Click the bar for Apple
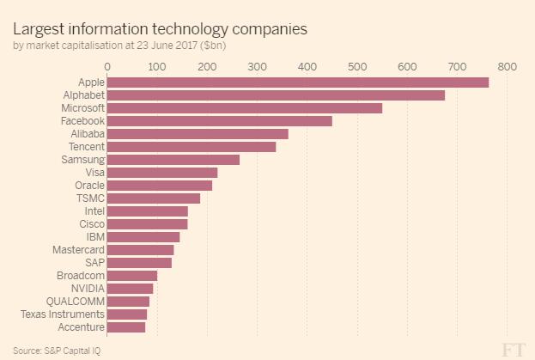pyautogui.click(x=297, y=82)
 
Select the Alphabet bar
pyautogui.click(x=276, y=95)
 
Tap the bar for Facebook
pyautogui.click(x=219, y=121)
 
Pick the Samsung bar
pyautogui.click(x=173, y=160)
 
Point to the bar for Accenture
pyautogui.click(x=125, y=327)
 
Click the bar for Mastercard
pyautogui.click(x=140, y=250)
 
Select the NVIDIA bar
pyautogui.click(x=130, y=289)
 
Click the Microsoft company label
pyautogui.click(x=82, y=108)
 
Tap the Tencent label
pyautogui.click(x=86, y=147)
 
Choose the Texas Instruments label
pyautogui.click(x=63, y=314)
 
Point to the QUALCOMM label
pyautogui.click(x=76, y=302)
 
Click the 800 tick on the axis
pyautogui.click(x=507, y=66)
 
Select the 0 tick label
pyautogui.click(x=107, y=66)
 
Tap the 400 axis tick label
pyautogui.click(x=307, y=66)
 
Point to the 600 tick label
pyautogui.click(x=407, y=66)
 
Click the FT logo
pyautogui.click(x=513, y=348)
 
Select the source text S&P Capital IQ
pyautogui.click(x=78, y=351)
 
